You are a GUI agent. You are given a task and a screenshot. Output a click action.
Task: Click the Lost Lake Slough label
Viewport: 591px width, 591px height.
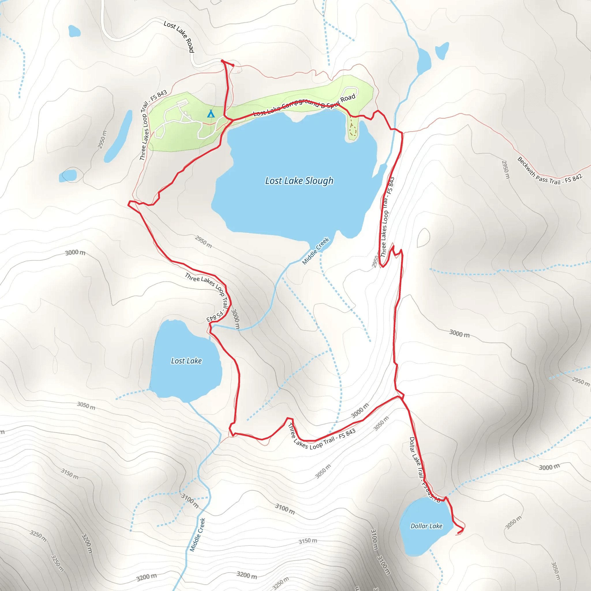299,181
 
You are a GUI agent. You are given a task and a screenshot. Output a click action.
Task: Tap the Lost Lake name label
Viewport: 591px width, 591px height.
186,361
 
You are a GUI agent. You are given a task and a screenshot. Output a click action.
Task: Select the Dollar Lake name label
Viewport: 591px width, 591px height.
426,526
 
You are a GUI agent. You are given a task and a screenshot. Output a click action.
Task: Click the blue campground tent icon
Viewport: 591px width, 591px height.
210,114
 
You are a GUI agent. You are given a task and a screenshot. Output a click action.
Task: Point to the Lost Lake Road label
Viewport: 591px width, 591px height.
179,36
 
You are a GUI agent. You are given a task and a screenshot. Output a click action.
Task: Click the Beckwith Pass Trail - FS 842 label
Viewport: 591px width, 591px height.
549,172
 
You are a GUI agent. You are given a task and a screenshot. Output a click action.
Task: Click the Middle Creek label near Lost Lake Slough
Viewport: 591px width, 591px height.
315,251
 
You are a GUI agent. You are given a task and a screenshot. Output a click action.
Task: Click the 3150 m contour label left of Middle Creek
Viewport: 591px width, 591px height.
70,474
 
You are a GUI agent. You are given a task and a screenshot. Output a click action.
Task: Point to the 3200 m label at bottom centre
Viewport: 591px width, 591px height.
246,575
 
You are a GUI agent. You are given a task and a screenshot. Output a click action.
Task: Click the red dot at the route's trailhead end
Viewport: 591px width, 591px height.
233,65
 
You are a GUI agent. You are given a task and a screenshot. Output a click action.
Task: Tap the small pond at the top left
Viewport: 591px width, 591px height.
74,31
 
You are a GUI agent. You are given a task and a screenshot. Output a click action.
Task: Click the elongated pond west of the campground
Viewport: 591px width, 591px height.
118,136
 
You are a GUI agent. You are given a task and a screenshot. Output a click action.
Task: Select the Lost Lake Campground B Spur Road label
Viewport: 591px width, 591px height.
304,105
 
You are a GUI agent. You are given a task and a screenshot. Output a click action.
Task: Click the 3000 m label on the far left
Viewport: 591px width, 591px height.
75,253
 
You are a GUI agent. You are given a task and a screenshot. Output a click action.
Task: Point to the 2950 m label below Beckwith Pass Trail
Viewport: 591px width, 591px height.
505,169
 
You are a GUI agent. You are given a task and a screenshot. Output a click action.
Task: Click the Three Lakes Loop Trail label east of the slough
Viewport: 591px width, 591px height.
387,217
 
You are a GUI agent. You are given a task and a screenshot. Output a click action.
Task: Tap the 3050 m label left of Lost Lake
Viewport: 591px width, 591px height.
86,406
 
